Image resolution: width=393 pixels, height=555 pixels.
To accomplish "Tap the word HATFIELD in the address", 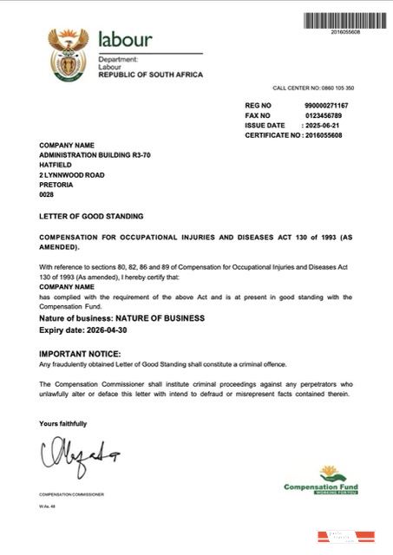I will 56,164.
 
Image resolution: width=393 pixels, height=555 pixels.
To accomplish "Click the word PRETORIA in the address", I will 56,185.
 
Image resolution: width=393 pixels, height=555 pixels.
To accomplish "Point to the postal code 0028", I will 47,195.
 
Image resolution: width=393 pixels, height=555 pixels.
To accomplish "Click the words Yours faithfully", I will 63,423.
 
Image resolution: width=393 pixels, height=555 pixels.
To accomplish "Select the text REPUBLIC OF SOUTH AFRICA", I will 150,75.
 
